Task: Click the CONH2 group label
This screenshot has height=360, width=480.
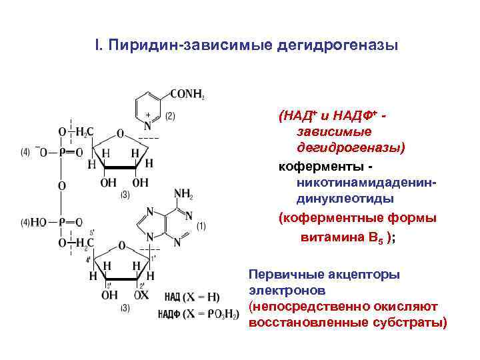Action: point(187,95)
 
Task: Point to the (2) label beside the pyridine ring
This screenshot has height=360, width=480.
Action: point(170,115)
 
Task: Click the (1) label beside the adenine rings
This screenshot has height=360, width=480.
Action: point(201,226)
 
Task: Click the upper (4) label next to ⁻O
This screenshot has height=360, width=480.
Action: point(25,152)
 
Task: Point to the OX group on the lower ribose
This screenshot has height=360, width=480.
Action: point(140,295)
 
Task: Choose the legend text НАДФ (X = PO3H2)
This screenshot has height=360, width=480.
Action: point(198,313)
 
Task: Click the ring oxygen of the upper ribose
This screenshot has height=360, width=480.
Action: point(120,132)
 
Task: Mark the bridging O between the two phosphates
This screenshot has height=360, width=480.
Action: point(61,186)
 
